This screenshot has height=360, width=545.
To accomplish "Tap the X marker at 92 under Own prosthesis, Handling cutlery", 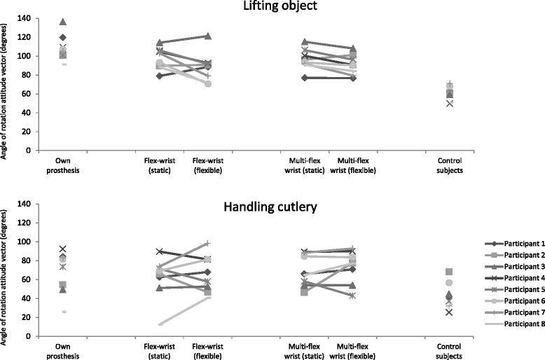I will (63, 249).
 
